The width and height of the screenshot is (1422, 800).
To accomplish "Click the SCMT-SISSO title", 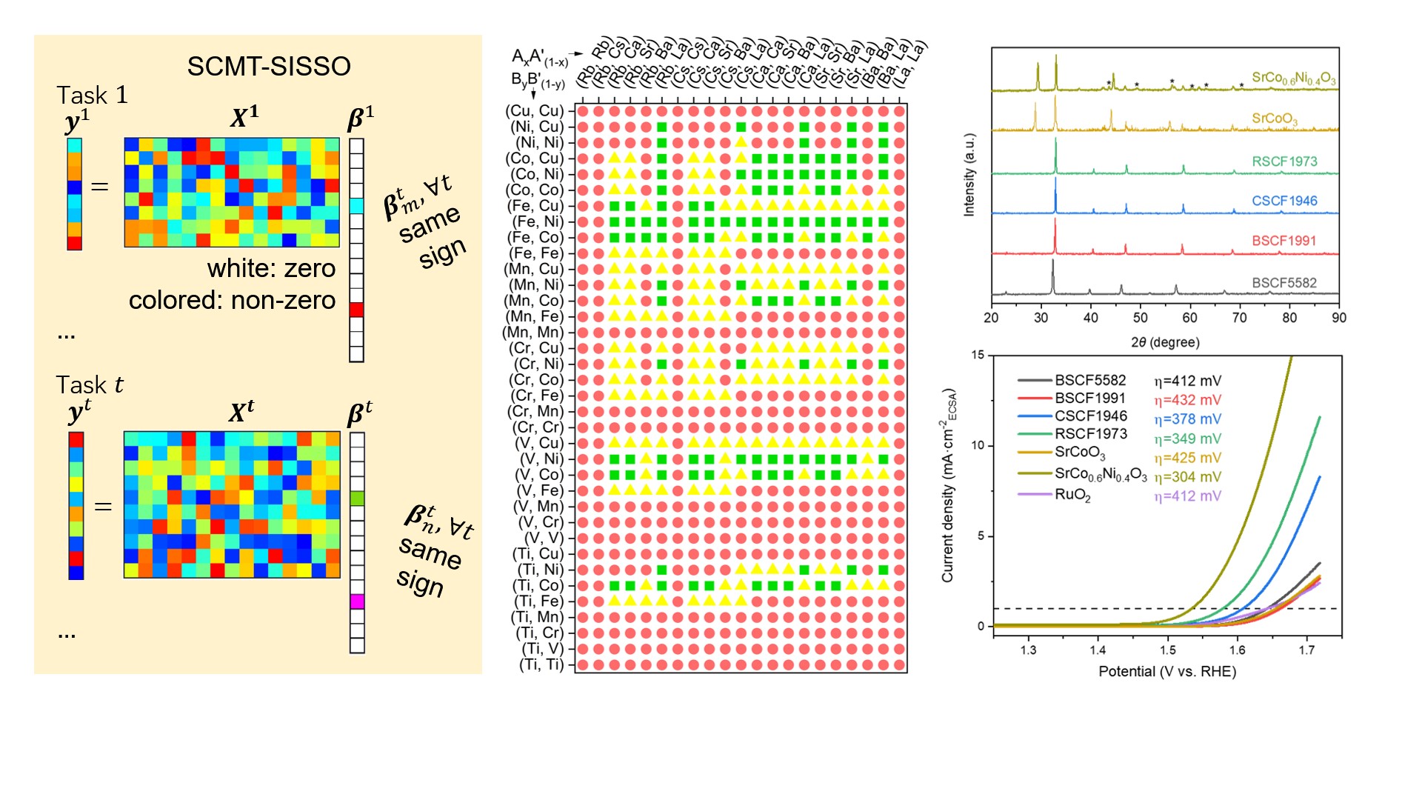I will pos(269,67).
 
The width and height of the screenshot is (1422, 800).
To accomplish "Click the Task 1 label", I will pos(92,96).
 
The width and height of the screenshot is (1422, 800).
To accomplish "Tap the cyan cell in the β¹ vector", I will pos(356,206).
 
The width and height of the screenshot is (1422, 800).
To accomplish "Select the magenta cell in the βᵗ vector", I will pos(357,601).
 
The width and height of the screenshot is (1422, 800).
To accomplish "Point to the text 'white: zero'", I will pos(271,268).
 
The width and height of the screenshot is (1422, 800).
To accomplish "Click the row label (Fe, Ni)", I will pos(538,221).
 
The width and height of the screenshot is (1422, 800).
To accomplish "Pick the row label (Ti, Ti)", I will pos(541,664).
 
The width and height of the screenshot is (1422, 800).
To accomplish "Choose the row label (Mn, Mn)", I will pos(533,332).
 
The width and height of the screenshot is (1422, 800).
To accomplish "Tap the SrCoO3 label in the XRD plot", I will pos(1275,119).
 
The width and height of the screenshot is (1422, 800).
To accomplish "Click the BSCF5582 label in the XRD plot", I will pos(1284,283).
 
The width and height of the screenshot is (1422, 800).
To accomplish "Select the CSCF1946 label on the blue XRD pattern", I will pos(1284,201).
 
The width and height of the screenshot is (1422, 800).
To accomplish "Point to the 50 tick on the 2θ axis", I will pos(1141,318).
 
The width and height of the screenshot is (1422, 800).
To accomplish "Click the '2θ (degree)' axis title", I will pos(1165,342).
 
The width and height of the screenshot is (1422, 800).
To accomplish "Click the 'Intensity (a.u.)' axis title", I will pos(969,175).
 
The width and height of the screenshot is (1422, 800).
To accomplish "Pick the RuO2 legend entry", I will pos(1072,495).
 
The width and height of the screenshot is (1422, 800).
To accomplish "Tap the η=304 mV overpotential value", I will pos(1187,477).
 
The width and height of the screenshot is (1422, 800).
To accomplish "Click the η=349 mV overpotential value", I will pos(1187,439).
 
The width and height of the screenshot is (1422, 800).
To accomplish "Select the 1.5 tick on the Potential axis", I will pos(1168,650).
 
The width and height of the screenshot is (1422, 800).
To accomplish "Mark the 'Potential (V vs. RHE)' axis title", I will pos(1167,672).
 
